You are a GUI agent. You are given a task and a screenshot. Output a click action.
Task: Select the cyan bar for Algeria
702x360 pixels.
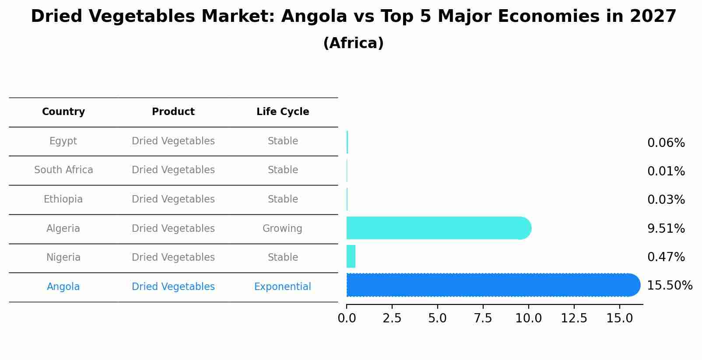click(x=438, y=228)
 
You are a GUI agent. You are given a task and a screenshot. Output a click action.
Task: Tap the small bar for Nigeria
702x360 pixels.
click(x=351, y=256)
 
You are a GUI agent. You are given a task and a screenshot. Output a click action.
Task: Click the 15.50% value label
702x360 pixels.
click(x=669, y=286)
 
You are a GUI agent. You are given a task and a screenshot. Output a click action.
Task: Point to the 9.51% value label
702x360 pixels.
click(x=666, y=228)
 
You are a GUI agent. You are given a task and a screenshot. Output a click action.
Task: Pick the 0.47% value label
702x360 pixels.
click(x=666, y=257)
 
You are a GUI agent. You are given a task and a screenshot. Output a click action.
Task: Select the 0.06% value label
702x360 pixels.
click(x=666, y=143)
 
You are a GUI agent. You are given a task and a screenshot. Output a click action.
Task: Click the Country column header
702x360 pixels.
click(x=63, y=112)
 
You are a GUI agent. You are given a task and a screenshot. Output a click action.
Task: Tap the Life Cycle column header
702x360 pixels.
click(x=283, y=112)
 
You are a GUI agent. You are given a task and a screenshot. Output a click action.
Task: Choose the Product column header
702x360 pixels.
click(x=173, y=112)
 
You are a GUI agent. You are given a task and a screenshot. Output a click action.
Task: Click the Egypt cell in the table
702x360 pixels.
click(x=63, y=141)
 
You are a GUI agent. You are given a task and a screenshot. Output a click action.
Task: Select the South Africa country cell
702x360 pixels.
click(x=63, y=170)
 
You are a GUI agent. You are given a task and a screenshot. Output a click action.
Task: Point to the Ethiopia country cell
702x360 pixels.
click(x=63, y=199)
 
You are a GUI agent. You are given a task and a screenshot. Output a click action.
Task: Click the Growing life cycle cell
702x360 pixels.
click(x=282, y=228)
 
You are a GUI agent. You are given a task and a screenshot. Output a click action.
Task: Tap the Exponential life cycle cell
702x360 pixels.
click(x=282, y=287)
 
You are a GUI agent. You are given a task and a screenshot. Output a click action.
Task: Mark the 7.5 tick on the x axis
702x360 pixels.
click(x=483, y=318)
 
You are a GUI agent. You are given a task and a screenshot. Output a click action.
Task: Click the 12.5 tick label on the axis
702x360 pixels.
click(x=574, y=318)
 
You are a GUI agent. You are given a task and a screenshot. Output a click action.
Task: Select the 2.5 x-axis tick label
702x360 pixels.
click(x=392, y=318)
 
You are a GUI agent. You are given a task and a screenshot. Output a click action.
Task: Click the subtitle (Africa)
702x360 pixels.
click(x=353, y=43)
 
